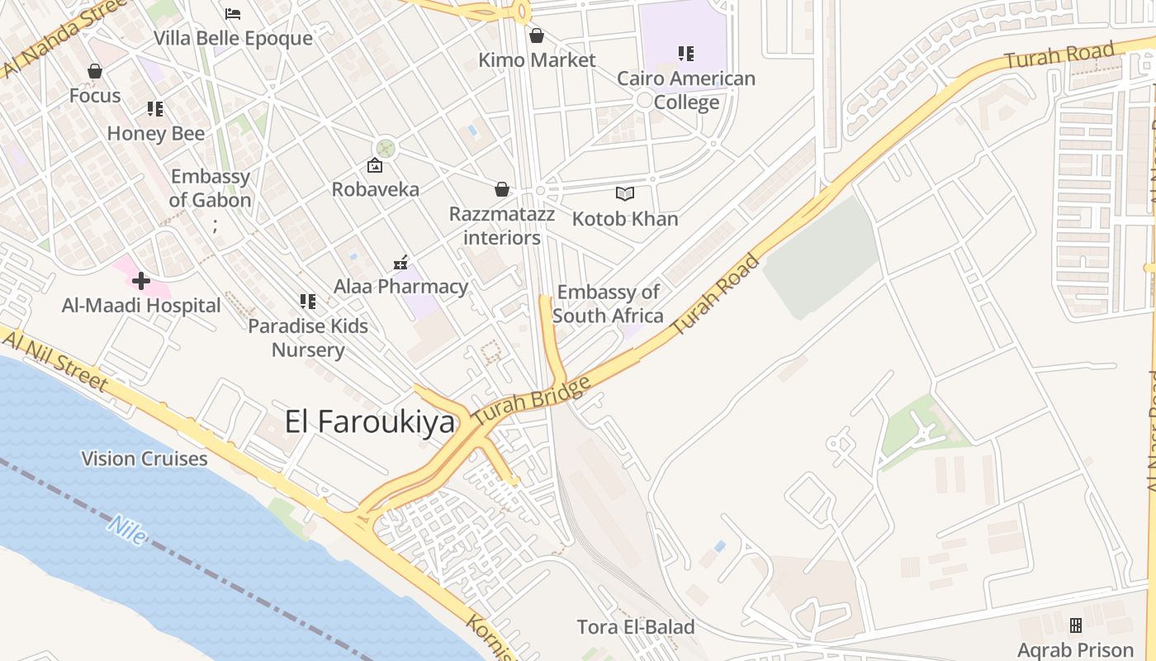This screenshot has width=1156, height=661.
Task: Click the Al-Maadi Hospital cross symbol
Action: pos(141,281)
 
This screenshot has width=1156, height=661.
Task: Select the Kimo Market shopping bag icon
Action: pos(537,36)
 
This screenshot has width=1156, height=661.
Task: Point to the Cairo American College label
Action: pos(686,90)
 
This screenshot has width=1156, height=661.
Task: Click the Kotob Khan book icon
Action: pos(625,194)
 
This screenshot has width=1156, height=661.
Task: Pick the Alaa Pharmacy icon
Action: pos(400,263)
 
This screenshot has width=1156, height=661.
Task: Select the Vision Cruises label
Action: pos(144,459)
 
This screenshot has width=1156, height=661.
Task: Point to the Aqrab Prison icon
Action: pos(1075,625)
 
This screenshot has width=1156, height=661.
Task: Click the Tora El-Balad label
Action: pos(636,627)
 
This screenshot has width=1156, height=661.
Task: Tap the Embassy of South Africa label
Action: pos(608,303)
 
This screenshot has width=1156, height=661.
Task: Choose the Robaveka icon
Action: pos(375,165)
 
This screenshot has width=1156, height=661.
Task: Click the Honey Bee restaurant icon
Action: pos(155,109)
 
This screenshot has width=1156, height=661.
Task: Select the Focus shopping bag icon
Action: pos(95,71)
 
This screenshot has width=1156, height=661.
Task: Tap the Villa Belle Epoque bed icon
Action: pos(233,14)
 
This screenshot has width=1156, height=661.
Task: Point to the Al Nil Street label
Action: pos(54,358)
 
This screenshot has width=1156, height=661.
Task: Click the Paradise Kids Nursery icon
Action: pos(308,302)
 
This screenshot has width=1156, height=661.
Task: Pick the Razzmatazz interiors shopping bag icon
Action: pos(501,190)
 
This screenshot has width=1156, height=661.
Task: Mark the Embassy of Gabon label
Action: pos(210,188)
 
